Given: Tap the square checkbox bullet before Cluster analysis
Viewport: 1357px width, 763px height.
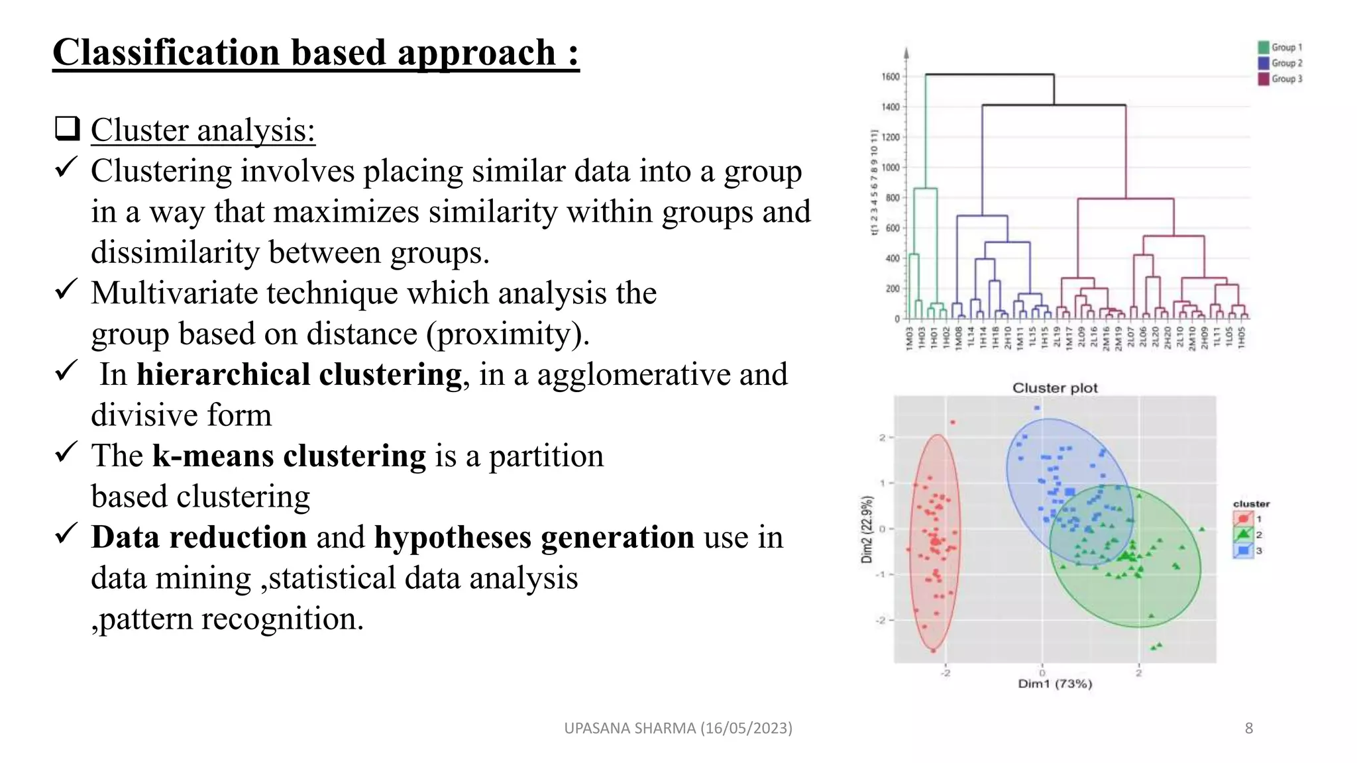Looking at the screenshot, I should (x=67, y=128).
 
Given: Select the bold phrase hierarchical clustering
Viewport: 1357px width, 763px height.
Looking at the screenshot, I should (x=299, y=374).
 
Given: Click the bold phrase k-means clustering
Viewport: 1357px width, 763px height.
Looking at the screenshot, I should (x=289, y=456).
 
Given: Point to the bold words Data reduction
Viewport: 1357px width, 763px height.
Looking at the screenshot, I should (x=199, y=537).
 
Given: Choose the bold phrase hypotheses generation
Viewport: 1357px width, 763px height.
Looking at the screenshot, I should (x=534, y=537).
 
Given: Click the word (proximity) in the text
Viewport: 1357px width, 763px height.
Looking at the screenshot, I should (x=508, y=334).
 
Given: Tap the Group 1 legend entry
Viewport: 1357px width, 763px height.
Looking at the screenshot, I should (x=1280, y=48).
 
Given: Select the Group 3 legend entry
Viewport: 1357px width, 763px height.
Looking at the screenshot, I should (x=1280, y=79).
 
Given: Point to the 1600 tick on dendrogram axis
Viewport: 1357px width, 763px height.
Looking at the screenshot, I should (x=891, y=77).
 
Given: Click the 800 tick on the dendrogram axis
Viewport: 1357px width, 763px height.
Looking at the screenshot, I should (x=893, y=198).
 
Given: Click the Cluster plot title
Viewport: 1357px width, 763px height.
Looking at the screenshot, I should (x=1055, y=388).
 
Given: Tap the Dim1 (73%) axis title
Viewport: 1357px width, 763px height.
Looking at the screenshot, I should (x=1055, y=684).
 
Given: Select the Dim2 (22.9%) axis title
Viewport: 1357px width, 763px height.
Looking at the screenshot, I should (x=867, y=529).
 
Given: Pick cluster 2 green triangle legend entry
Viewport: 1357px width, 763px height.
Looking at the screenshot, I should (x=1244, y=534).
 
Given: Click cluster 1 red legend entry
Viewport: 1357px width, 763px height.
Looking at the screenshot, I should (x=1244, y=519).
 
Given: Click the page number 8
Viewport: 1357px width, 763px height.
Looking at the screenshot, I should (x=1248, y=729).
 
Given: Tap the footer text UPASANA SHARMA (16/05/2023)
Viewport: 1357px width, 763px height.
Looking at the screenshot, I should (x=678, y=729).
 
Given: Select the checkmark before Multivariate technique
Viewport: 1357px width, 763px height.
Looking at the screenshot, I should (x=66, y=289).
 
